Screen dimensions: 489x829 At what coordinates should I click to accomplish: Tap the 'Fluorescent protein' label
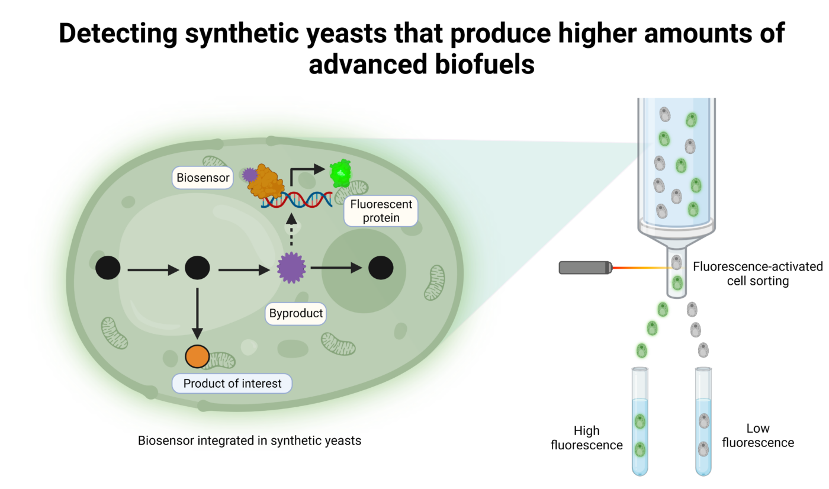(x=381, y=211)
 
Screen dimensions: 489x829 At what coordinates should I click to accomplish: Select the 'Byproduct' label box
(x=296, y=313)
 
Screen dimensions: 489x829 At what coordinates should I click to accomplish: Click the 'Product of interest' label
(x=232, y=384)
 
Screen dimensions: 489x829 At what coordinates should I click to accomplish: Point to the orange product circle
(x=197, y=356)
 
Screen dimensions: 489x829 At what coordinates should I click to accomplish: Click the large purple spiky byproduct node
(x=291, y=268)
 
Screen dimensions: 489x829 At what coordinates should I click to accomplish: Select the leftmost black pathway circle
(x=108, y=268)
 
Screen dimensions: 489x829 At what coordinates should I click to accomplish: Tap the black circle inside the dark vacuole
(x=381, y=268)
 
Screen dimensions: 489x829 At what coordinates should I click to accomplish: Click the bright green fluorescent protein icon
(x=340, y=173)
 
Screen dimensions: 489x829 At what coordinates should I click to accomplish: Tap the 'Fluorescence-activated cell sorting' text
(x=757, y=274)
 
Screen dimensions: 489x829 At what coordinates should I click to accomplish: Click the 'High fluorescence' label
(x=586, y=437)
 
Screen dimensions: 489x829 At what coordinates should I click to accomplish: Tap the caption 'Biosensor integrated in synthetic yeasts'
(x=249, y=440)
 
